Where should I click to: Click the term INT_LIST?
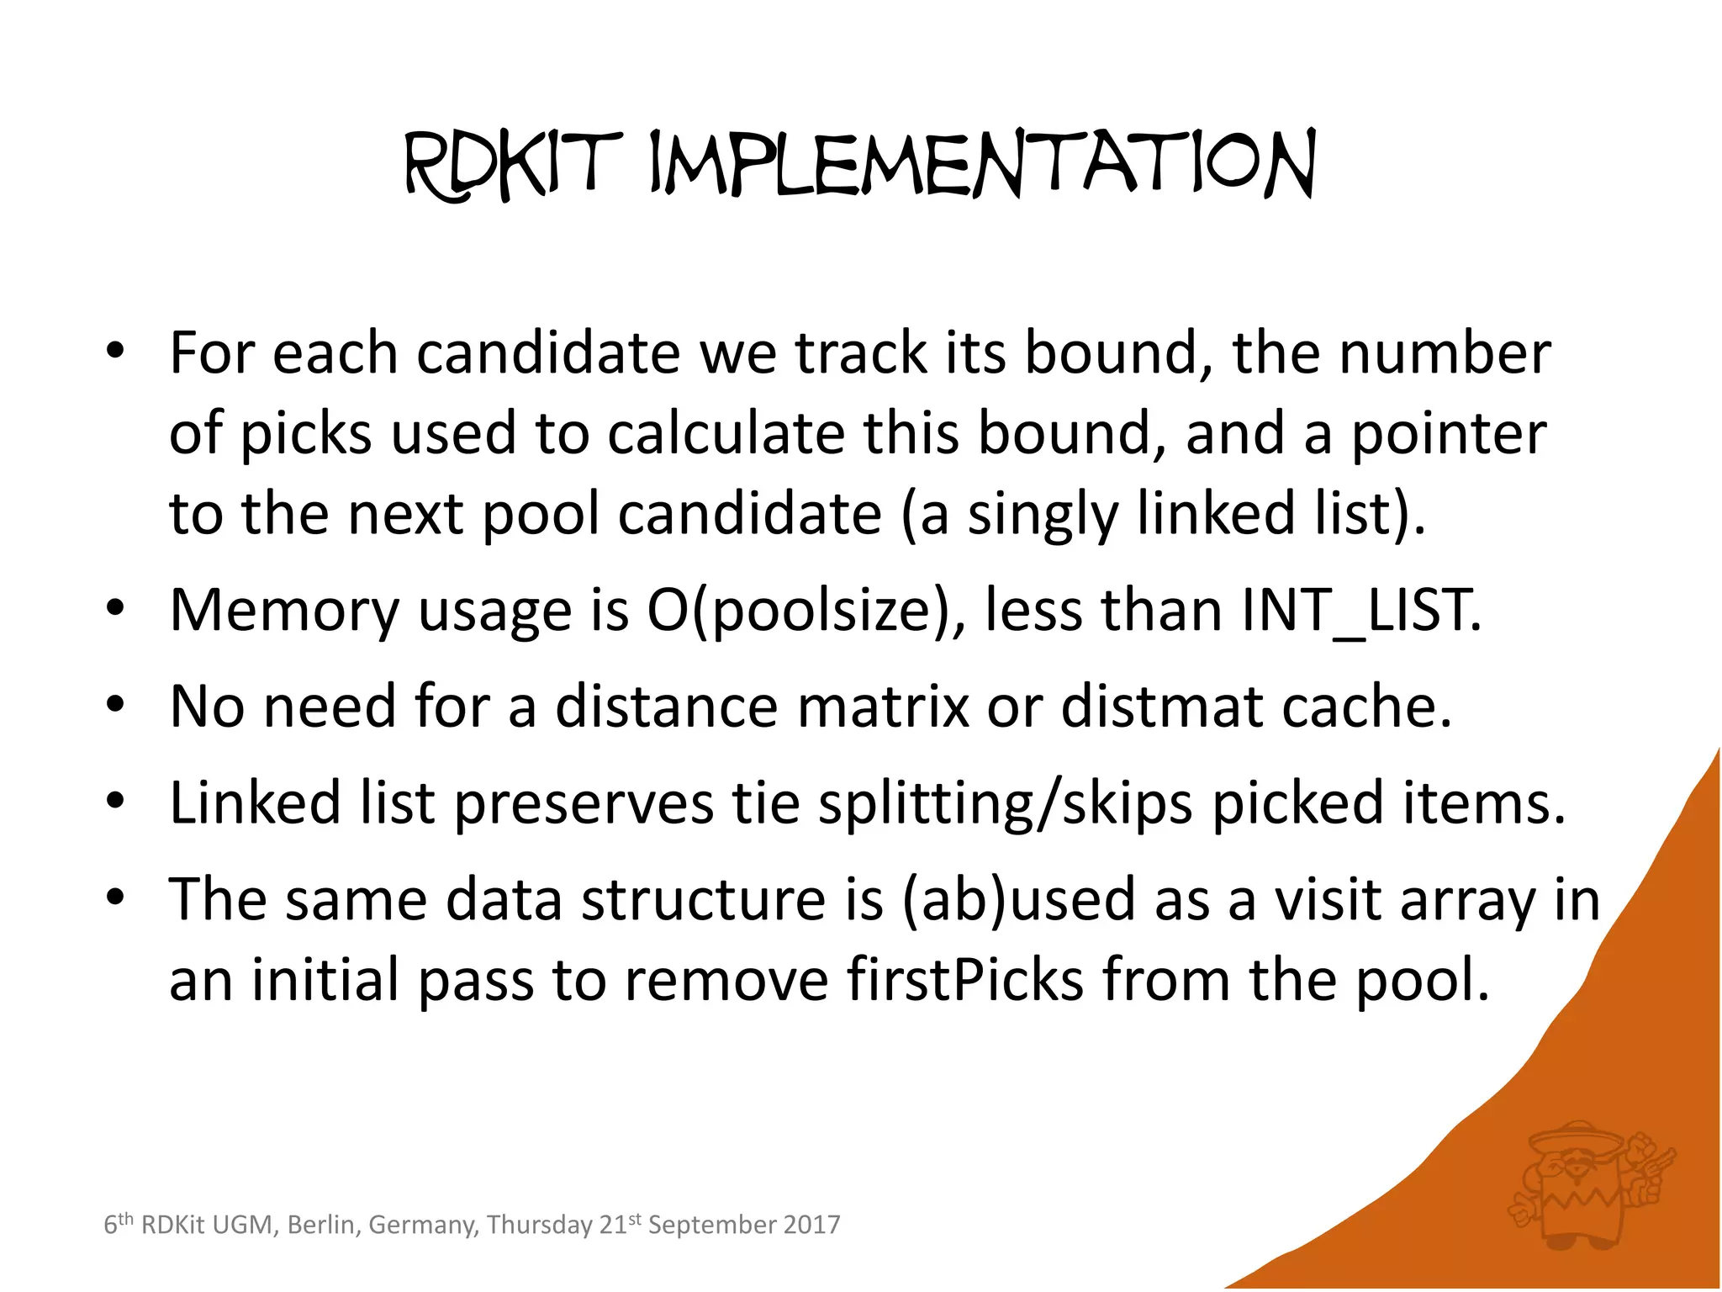(x=1359, y=610)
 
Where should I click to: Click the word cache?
(x=1367, y=707)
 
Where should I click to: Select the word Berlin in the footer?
(x=321, y=1225)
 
